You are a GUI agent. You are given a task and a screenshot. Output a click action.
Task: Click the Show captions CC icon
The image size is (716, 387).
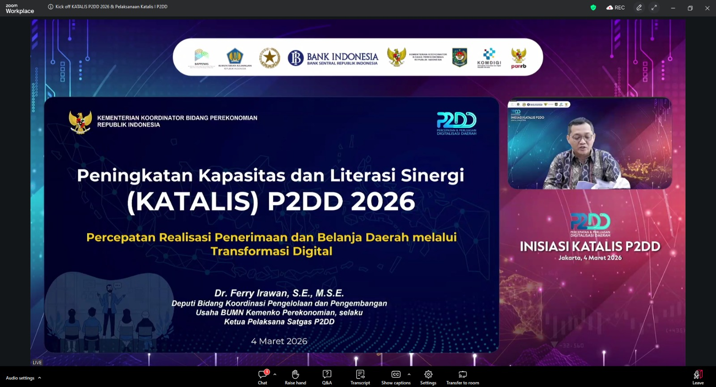(x=396, y=374)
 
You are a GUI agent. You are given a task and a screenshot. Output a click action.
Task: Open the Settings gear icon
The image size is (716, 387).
(x=428, y=374)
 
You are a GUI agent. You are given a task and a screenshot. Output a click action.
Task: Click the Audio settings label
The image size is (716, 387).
(x=20, y=378)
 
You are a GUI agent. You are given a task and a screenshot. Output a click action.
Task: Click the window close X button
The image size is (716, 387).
(x=707, y=8)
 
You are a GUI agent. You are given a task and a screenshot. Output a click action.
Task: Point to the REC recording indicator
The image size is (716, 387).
(x=616, y=8)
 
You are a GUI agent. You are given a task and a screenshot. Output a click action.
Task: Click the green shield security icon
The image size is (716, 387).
(x=593, y=8)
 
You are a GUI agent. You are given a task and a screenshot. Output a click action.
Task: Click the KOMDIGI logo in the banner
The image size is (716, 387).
(x=489, y=58)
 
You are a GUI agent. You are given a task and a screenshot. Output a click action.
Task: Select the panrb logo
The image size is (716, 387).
(x=519, y=58)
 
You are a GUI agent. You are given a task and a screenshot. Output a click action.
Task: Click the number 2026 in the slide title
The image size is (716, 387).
(x=383, y=202)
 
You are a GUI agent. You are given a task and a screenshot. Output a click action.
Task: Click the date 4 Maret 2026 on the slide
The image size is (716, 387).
(x=279, y=341)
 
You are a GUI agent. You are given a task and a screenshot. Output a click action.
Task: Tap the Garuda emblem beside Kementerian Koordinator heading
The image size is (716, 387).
(x=81, y=122)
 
